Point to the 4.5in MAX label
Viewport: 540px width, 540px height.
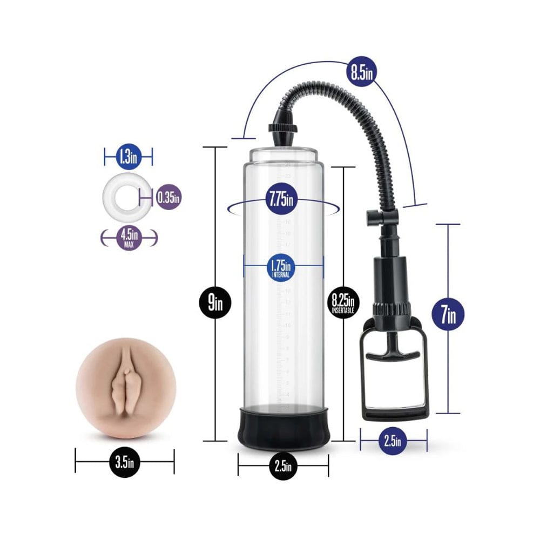pyautogui.click(x=129, y=238)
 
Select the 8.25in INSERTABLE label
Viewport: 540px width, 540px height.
pyautogui.click(x=345, y=303)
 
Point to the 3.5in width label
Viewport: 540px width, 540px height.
pyautogui.click(x=124, y=462)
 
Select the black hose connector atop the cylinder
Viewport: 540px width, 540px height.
pyautogui.click(x=283, y=133)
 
